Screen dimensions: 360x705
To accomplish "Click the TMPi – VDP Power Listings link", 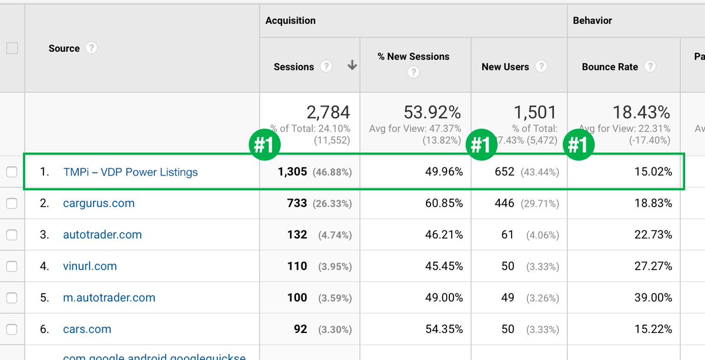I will [x=130, y=172].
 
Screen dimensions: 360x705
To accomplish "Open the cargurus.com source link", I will [x=99, y=203].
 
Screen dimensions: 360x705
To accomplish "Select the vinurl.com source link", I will [x=90, y=266].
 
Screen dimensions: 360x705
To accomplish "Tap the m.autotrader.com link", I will [x=109, y=297].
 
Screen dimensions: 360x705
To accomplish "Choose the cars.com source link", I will [x=87, y=329].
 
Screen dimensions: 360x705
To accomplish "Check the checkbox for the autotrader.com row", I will [x=12, y=235].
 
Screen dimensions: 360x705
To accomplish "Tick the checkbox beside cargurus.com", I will [x=12, y=204].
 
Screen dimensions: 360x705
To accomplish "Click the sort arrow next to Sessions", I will [x=352, y=66].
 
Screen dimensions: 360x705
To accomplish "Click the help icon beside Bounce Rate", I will [x=650, y=66].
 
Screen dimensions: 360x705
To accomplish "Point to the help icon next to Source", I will [x=91, y=48].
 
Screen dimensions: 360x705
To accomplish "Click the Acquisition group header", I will [x=290, y=21].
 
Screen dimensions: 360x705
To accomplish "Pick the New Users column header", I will [x=505, y=67].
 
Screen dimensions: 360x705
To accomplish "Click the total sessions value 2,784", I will [x=328, y=112].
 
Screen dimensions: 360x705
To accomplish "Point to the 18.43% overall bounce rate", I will [x=641, y=112].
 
